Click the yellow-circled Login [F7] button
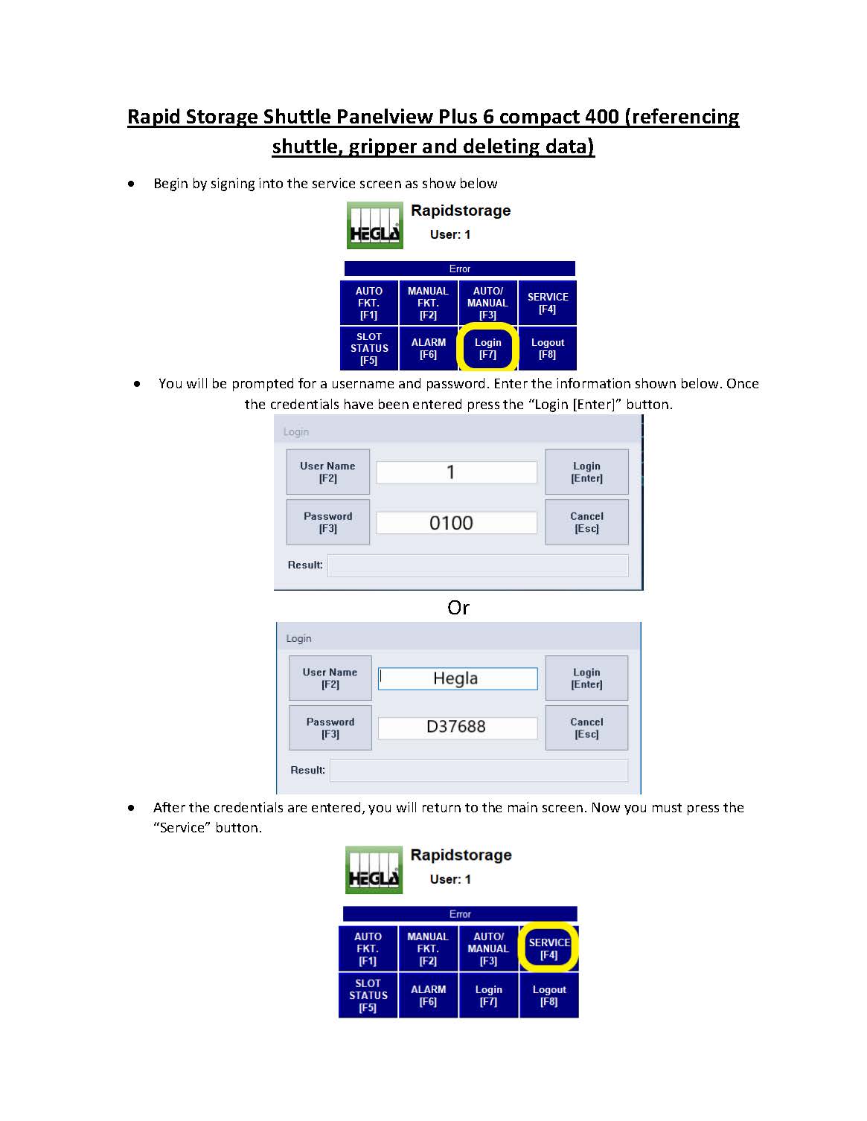point(487,348)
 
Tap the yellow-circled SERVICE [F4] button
point(548,948)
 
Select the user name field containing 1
point(456,472)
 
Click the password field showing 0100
point(456,523)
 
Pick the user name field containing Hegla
point(458,678)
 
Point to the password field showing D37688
point(458,727)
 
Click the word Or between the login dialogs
point(458,608)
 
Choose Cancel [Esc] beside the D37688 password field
point(586,727)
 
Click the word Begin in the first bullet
point(171,184)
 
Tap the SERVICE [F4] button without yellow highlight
point(547,303)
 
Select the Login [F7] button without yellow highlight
point(488,995)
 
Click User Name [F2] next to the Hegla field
point(330,678)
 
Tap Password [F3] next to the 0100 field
point(327,522)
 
